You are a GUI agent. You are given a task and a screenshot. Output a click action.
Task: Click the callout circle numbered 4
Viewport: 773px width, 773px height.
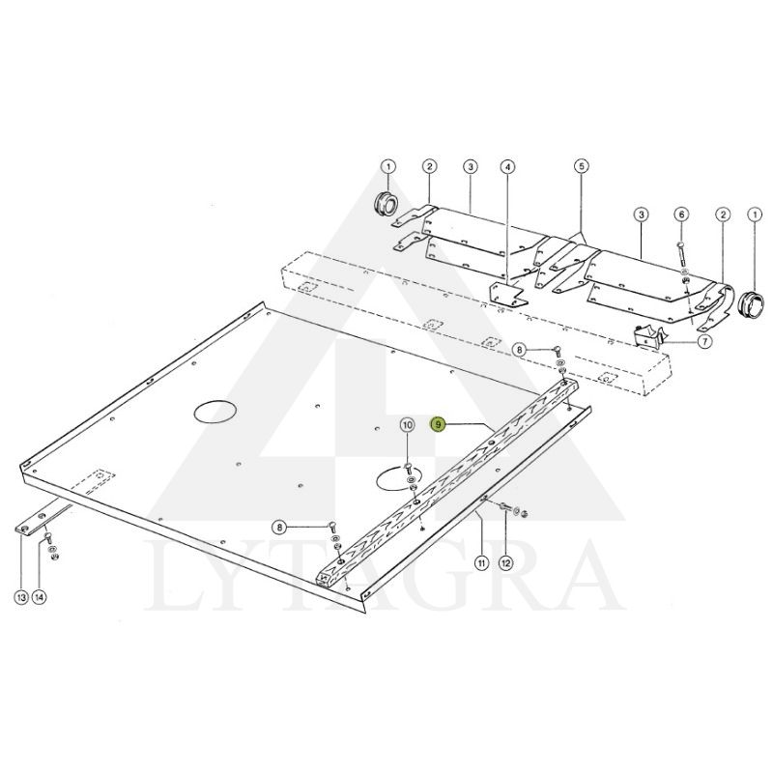coord(507,167)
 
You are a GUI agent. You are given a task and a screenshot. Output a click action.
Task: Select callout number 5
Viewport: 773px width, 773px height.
coord(581,167)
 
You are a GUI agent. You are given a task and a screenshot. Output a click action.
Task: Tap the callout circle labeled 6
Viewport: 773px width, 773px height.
coord(681,214)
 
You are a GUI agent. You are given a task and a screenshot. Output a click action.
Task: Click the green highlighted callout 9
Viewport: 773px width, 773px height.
coord(439,424)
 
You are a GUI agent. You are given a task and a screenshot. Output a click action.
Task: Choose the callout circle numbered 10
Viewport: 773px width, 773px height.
coord(407,424)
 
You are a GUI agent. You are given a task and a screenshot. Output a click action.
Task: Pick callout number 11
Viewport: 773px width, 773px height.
coord(480,561)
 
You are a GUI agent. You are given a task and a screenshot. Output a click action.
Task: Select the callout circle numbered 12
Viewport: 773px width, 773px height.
coord(507,561)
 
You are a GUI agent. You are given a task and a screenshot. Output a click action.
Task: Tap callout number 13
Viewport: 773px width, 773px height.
coord(20,598)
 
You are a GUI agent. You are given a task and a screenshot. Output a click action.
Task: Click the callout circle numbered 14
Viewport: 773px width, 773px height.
coord(40,598)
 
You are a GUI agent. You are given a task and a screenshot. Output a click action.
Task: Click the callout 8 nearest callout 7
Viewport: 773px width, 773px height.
coord(519,349)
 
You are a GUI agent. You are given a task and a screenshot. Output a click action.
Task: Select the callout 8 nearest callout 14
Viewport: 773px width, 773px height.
coord(279,528)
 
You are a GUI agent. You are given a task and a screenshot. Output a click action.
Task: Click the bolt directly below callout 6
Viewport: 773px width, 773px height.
coord(681,253)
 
